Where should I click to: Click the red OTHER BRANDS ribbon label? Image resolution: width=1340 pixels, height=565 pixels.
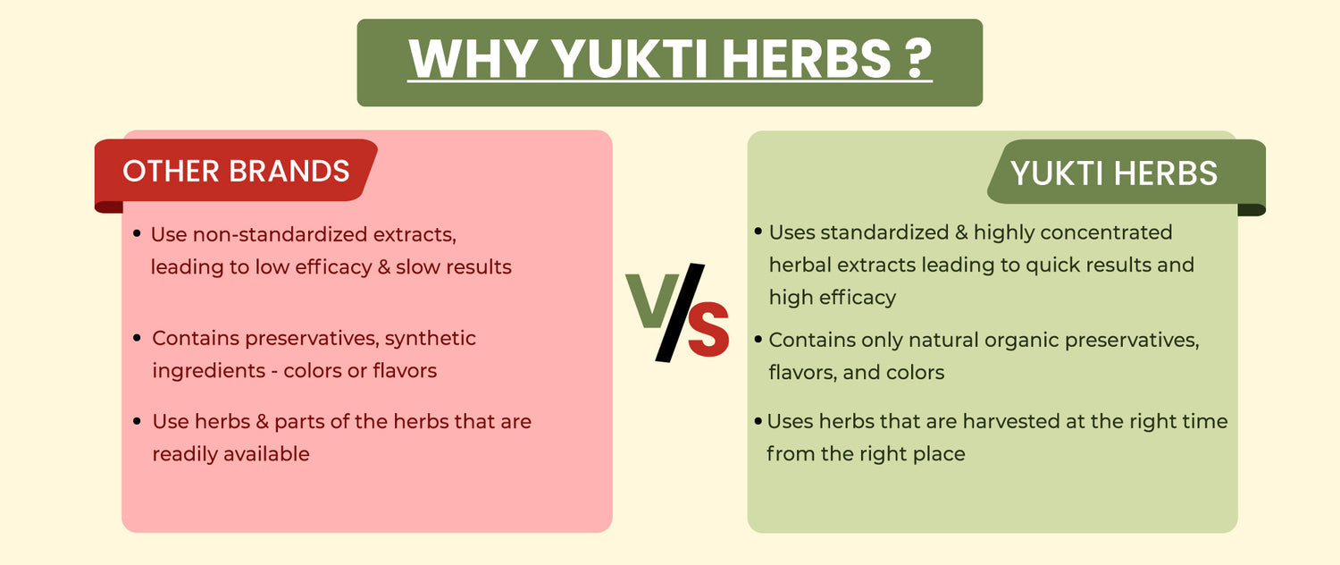point(236,171)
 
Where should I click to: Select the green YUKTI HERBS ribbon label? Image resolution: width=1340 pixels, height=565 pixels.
point(1126,173)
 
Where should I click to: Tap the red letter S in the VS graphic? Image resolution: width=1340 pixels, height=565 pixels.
point(708,329)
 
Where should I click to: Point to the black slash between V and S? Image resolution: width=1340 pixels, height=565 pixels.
point(680,312)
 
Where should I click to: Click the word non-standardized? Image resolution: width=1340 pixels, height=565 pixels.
point(280,234)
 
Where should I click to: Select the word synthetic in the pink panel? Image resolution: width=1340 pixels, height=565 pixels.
point(430,338)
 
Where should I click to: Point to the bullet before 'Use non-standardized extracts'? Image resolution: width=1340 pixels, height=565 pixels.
point(137,233)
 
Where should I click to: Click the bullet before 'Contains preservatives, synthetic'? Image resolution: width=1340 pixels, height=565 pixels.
point(137,338)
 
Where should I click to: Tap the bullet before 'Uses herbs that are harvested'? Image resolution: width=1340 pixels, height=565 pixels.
point(758,421)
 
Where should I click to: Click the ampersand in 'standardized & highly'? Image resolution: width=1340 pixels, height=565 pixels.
point(961,232)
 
